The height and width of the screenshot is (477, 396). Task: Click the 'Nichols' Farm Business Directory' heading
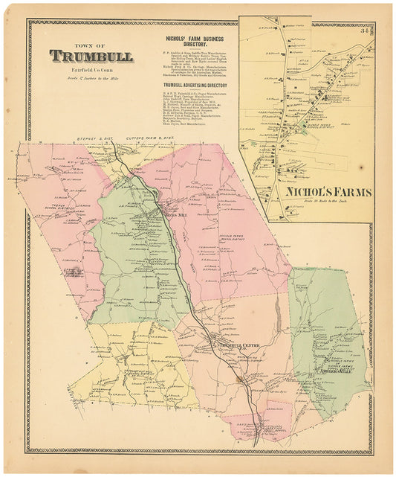(196, 41)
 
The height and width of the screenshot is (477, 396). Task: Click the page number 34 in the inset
(366, 31)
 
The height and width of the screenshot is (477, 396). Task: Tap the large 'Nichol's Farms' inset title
(327, 191)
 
